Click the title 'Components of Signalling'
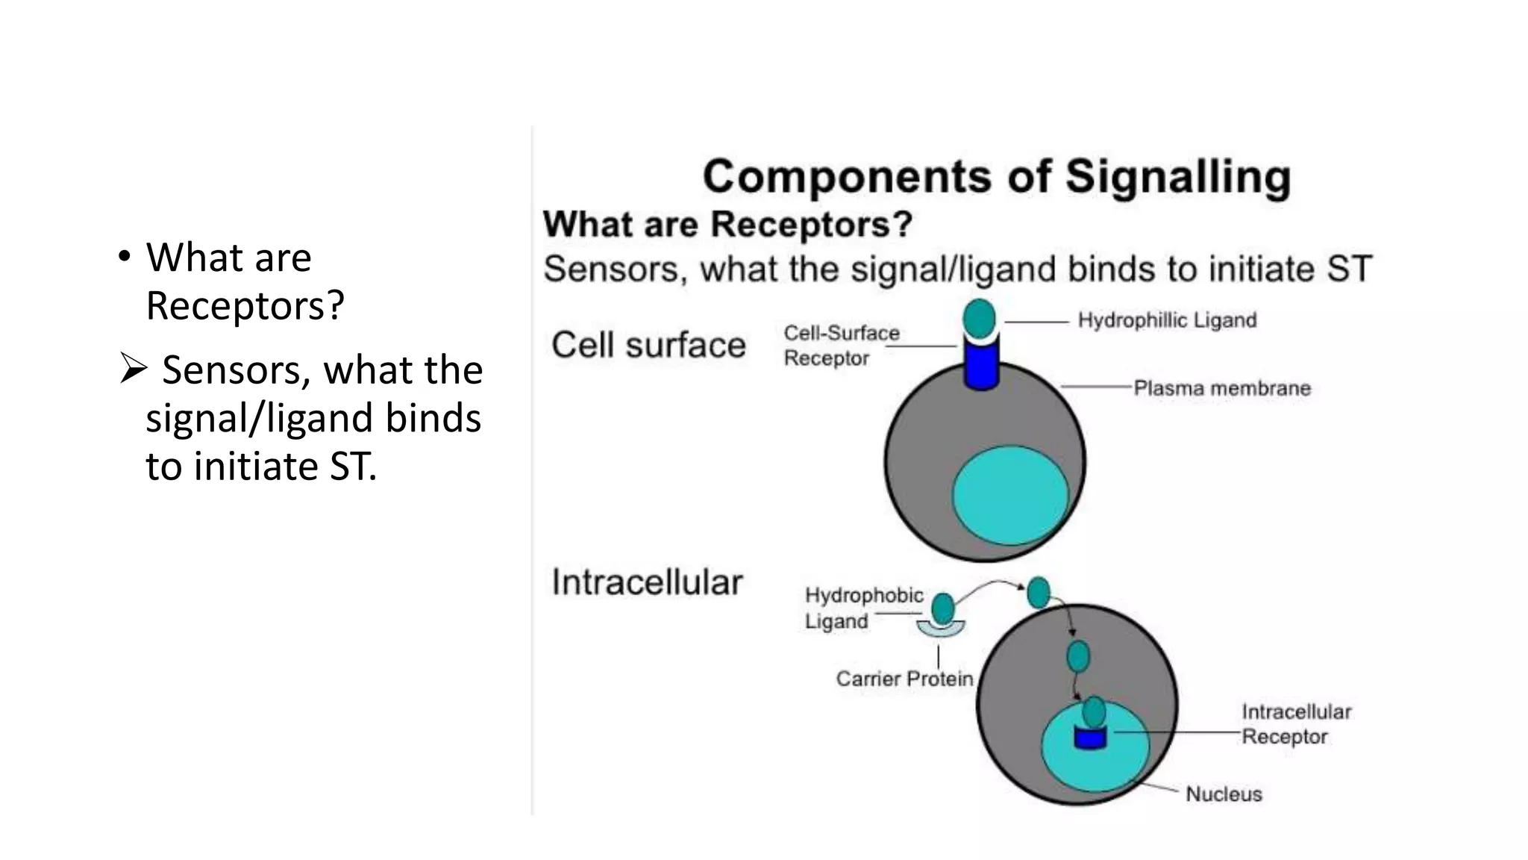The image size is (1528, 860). [x=996, y=177]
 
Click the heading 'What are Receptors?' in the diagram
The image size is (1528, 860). [x=727, y=224]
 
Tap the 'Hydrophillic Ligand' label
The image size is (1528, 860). [x=1167, y=320]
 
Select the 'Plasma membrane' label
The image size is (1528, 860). [x=1221, y=388]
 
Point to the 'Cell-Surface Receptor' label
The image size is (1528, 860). [x=841, y=346]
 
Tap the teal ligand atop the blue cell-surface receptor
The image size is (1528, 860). [x=979, y=318]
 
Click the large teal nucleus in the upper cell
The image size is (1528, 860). [x=1010, y=494]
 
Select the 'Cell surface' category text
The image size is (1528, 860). [x=648, y=346]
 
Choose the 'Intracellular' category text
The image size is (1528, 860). [x=647, y=582]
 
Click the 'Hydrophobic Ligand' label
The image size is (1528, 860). [x=863, y=608]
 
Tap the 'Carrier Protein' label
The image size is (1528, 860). [x=904, y=679]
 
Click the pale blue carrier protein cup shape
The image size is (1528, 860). [x=941, y=629]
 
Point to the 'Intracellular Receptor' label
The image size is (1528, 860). [x=1296, y=724]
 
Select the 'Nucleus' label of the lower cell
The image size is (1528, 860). [x=1224, y=794]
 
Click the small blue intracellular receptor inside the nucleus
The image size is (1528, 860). [x=1089, y=738]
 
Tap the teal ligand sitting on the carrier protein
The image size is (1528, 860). [x=943, y=608]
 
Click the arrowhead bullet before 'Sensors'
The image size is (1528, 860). [x=133, y=370]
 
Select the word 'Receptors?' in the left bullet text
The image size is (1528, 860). [x=245, y=305]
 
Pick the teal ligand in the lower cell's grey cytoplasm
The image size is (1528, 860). [x=1077, y=657]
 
